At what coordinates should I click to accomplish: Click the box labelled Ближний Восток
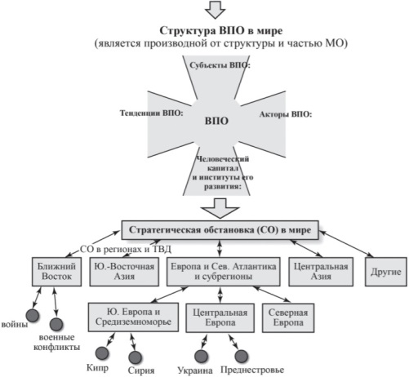pos(56,272)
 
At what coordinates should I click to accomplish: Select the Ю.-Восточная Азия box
pos(124,272)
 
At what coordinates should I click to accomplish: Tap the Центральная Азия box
pos(321,272)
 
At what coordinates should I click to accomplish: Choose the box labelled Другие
pos(386,272)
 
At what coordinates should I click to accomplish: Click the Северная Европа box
pos(288,317)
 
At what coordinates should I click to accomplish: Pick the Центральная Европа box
pos(220,317)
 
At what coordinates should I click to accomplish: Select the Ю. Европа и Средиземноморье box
pos(133,317)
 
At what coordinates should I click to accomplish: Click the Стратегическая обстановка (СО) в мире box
pos(220,230)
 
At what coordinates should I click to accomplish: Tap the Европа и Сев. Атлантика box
pos(224,272)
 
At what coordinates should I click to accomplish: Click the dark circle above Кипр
pos(102,353)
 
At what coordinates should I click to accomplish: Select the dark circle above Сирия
pos(135,357)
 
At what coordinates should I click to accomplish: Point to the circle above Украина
pos(202,356)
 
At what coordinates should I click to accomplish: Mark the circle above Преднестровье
pos(241,356)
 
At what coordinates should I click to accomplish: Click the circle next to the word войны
pos(33,316)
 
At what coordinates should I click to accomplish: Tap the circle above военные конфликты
pos(56,324)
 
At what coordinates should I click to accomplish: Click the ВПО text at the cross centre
pos(216,121)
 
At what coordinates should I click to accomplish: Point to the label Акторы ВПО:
pos(286,114)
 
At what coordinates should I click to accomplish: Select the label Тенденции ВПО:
pos(152,113)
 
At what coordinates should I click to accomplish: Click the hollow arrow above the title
pos(215,10)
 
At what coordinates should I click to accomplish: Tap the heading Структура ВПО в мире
pos(221,30)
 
